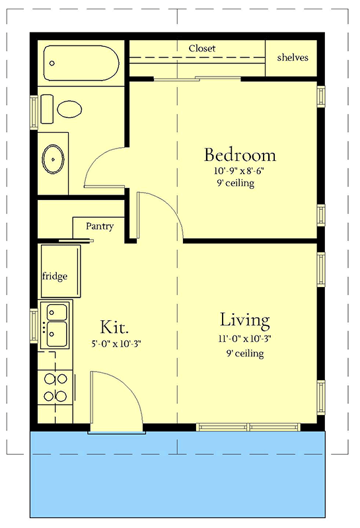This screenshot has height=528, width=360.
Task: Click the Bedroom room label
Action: pyautogui.click(x=239, y=156)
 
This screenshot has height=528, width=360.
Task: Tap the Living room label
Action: pyautogui.click(x=244, y=321)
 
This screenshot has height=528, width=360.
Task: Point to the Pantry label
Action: pyautogui.click(x=100, y=226)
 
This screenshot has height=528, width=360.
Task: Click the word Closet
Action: pyautogui.click(x=202, y=49)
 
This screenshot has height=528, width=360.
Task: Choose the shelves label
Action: pyautogui.click(x=293, y=57)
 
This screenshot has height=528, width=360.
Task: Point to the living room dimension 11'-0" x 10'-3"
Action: pyautogui.click(x=244, y=339)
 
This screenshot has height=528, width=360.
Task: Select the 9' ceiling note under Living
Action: pyautogui.click(x=244, y=354)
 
